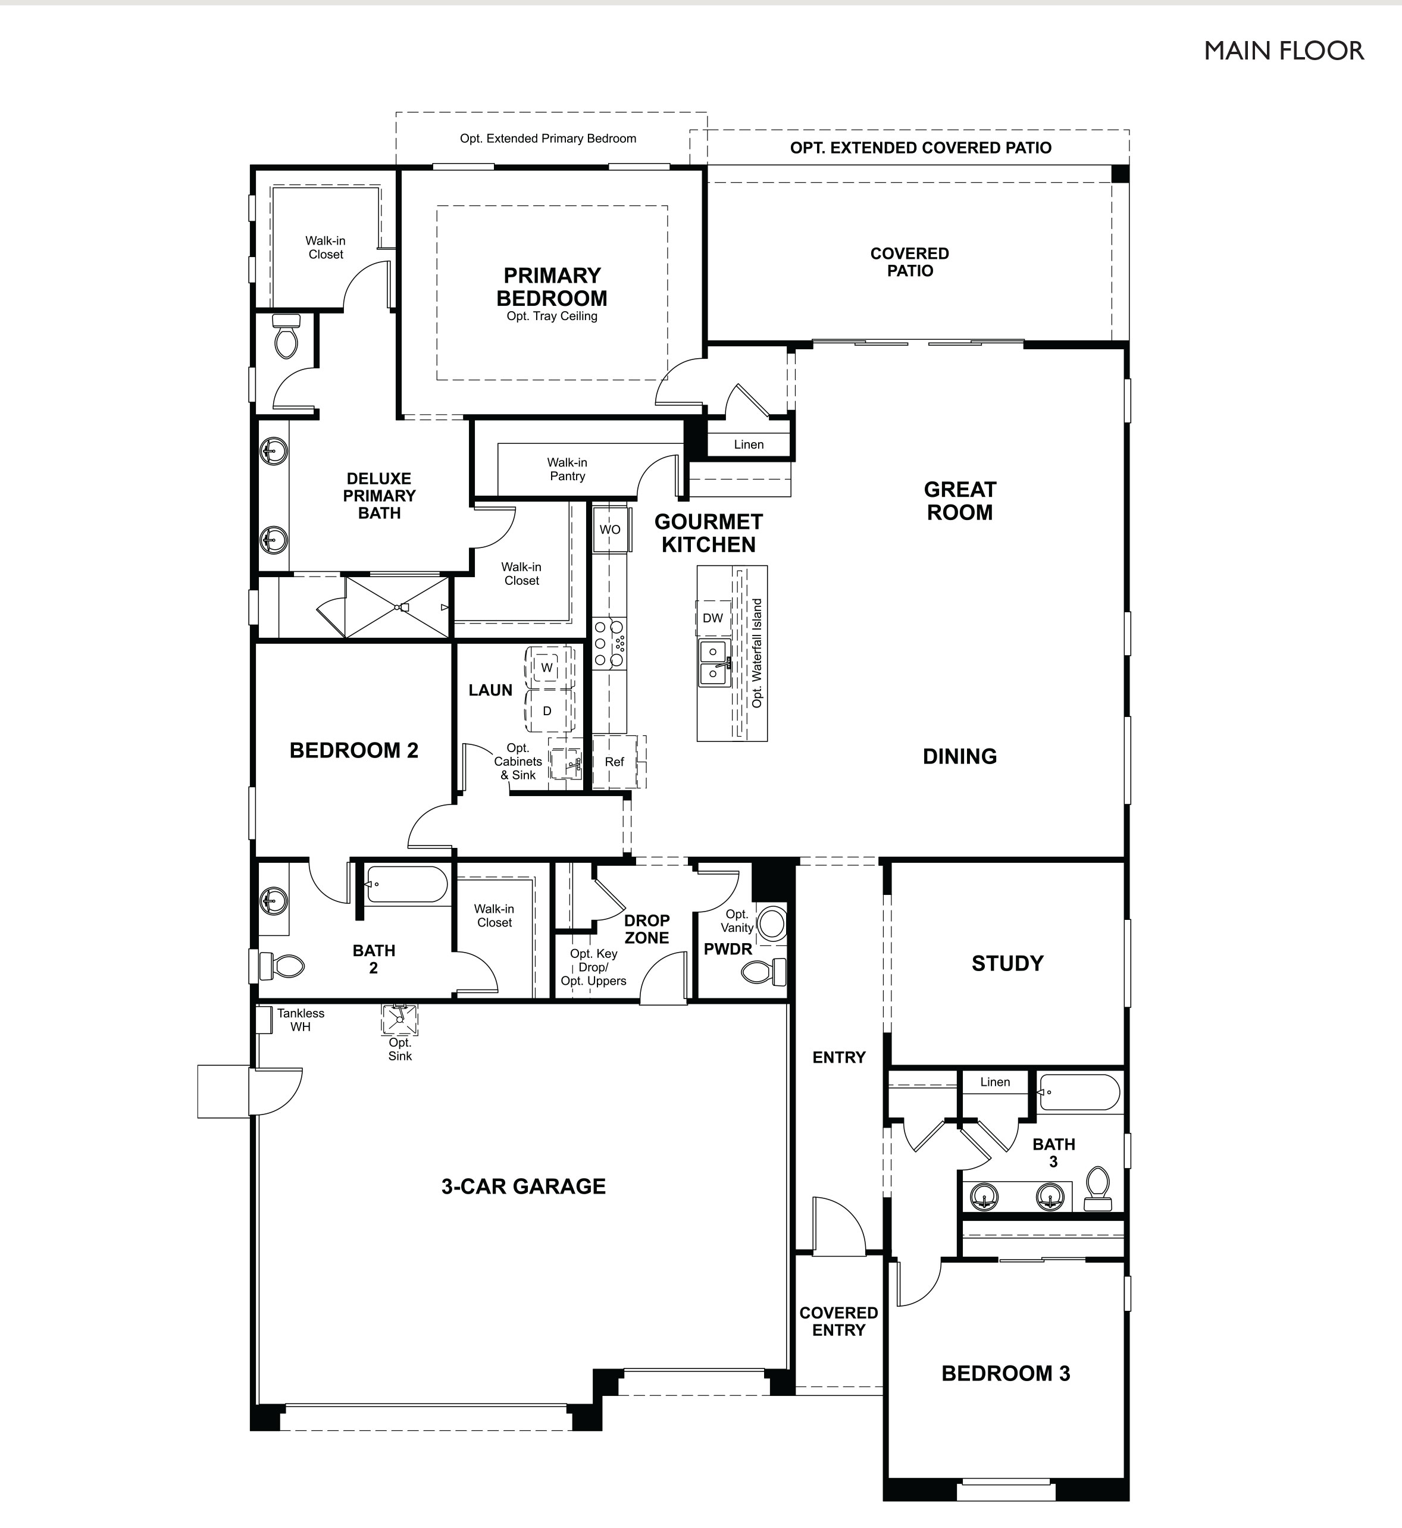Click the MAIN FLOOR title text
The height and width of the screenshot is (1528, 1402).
[1284, 51]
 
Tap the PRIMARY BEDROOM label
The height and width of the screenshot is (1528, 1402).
[552, 287]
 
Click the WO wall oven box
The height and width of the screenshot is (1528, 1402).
[610, 530]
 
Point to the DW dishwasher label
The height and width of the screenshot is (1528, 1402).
[712, 618]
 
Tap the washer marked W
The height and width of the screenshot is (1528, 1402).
[547, 668]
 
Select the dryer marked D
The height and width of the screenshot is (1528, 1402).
[547, 711]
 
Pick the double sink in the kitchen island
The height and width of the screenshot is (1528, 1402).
[713, 662]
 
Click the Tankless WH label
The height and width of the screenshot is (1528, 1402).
[301, 1020]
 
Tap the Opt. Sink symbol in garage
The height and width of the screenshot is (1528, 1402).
[399, 1019]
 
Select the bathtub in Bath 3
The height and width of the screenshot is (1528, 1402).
[1079, 1092]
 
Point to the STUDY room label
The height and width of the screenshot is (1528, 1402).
[1007, 963]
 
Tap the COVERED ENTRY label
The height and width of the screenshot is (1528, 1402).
[838, 1321]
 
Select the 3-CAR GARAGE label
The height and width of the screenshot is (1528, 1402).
[524, 1186]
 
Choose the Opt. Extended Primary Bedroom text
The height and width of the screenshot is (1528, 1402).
[547, 138]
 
